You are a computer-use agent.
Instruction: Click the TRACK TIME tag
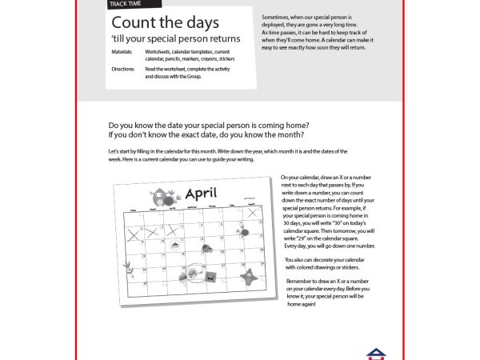[x=127, y=4]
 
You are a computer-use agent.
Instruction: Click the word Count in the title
[x=131, y=23]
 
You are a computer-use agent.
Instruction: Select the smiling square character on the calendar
[x=210, y=277]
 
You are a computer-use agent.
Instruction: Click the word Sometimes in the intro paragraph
[x=276, y=16]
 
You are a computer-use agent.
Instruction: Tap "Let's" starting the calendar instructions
[x=113, y=150]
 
